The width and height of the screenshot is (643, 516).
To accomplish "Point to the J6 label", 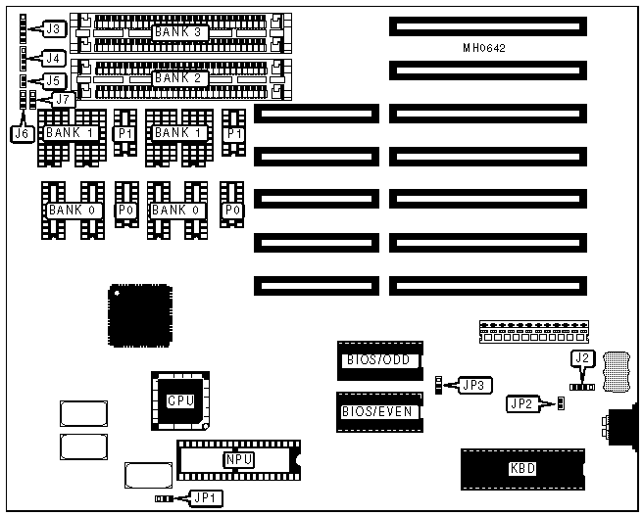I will pos(21,133).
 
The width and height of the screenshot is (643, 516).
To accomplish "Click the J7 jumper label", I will pos(63,99).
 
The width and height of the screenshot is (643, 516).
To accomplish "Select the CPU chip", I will pos(180,399).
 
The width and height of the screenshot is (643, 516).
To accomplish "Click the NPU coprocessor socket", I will pos(235,458).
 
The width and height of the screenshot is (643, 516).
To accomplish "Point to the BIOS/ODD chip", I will pos(378,359).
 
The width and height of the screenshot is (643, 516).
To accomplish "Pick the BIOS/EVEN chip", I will pos(378,411).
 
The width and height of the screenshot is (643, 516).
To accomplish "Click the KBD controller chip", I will pos(522,469).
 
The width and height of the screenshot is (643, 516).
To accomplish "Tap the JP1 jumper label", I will pos(207,498).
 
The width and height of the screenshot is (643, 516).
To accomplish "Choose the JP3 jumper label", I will pos(475,385).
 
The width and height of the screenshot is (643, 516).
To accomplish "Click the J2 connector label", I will pos(582,358).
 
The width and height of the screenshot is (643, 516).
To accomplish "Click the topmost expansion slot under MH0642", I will pos(486,26).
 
